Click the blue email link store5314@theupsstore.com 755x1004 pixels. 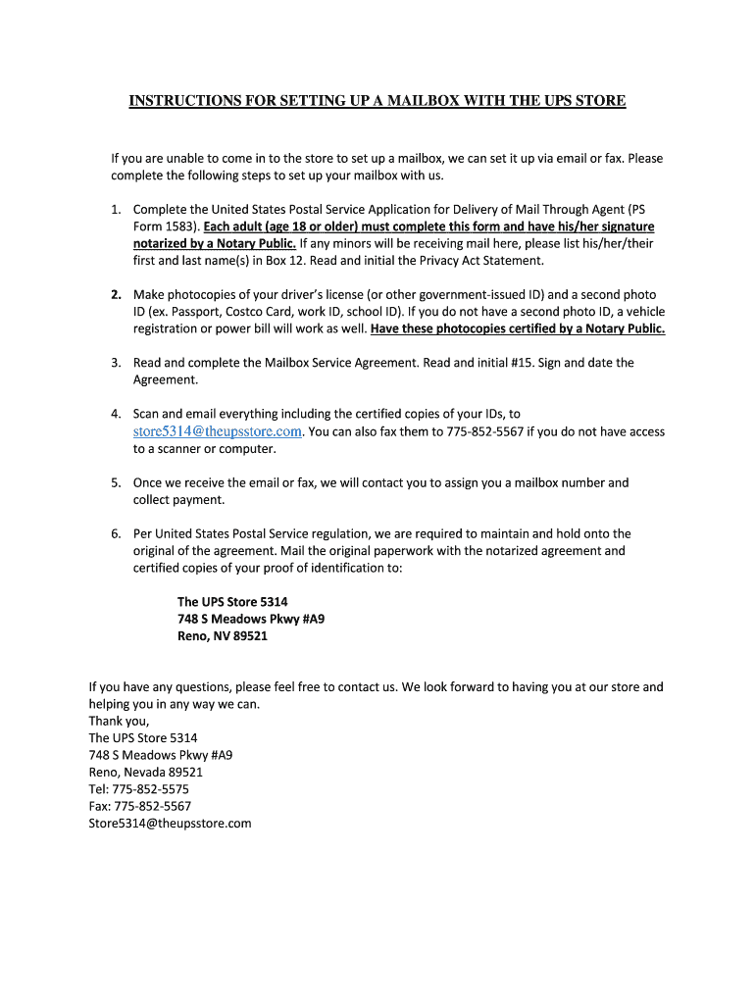click(x=218, y=431)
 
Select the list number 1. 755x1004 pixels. click(x=115, y=209)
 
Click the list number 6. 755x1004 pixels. click(x=115, y=533)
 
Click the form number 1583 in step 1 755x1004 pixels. click(x=179, y=226)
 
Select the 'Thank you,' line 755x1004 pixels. click(x=120, y=721)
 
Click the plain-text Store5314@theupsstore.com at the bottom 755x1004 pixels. click(x=170, y=823)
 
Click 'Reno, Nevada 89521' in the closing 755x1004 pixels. click(x=146, y=772)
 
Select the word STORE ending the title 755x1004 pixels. click(x=598, y=100)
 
